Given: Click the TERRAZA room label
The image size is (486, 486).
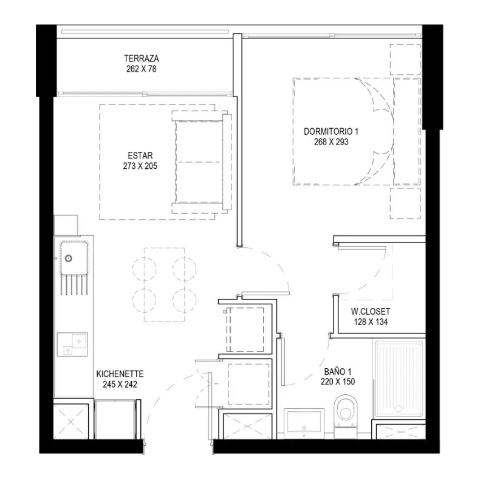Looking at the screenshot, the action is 142,58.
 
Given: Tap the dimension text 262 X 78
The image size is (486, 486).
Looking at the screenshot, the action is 142,69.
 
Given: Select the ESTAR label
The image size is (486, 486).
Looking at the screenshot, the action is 140,156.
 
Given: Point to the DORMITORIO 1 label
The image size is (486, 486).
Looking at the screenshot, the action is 331,131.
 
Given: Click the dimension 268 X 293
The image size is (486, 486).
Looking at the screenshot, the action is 331,142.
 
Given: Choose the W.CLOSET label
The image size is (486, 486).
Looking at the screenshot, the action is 371,311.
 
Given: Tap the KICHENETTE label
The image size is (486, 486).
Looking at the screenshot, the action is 120,374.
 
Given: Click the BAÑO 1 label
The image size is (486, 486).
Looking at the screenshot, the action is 338,371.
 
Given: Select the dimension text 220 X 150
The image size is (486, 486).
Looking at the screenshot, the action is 338,382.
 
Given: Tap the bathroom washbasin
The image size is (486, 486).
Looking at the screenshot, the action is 304,423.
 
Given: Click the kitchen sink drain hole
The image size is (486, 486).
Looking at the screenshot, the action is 68,258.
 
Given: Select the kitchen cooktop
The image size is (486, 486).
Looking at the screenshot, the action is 72,344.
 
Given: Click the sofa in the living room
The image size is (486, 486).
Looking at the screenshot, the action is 202,162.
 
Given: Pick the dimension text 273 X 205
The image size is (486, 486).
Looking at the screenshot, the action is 140,166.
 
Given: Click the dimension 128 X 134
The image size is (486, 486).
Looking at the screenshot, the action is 371,322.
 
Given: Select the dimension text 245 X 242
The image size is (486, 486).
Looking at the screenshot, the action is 120,385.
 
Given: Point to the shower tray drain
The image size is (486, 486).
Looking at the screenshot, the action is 399,409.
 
